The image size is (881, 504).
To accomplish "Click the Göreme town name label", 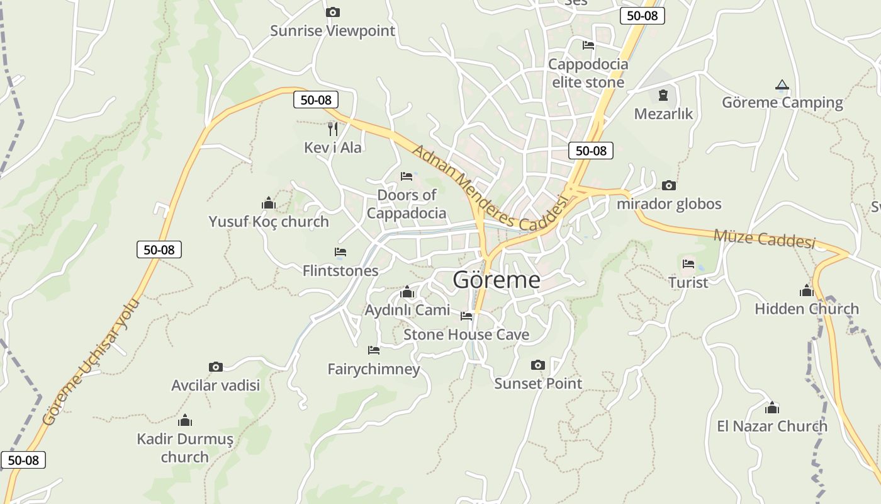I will (496, 280).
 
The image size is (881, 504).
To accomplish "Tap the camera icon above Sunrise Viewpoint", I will (332, 12).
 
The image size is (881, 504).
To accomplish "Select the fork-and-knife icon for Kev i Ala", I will (332, 129).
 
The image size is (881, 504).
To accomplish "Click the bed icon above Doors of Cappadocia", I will (407, 176).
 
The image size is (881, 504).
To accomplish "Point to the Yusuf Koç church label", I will (269, 222).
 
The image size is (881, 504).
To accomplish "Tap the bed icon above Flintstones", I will (340, 252).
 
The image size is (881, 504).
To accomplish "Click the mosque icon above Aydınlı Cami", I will (407, 292).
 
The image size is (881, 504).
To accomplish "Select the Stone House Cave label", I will (466, 335).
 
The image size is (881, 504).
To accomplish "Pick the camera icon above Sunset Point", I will (537, 365).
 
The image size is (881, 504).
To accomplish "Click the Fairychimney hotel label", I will (374, 369).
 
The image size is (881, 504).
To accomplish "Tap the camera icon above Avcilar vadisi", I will (215, 367).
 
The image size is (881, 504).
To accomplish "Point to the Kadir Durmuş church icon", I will (185, 420).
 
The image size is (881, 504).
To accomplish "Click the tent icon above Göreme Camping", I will (782, 84).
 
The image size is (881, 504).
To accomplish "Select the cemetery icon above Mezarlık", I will (663, 95).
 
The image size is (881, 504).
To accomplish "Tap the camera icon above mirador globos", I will (668, 185).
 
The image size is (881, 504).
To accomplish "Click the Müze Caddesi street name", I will (764, 239).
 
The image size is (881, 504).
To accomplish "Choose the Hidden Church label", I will (807, 309).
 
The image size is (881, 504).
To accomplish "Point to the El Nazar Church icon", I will (772, 408).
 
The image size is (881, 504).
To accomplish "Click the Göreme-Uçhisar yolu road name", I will (91, 363).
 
